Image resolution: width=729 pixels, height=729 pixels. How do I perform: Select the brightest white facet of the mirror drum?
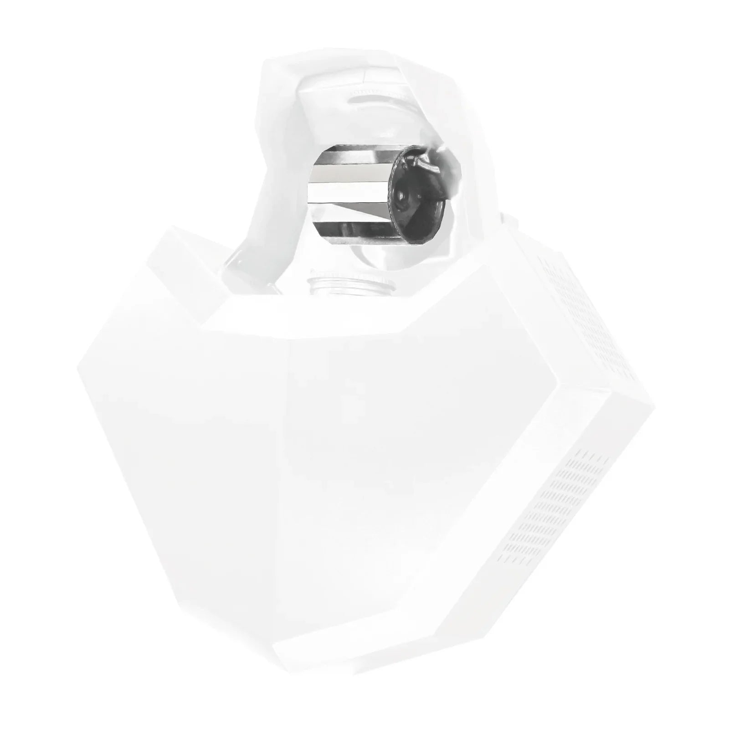(x=349, y=189)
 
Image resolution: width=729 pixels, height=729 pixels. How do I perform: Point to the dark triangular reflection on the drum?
(x=364, y=208)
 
